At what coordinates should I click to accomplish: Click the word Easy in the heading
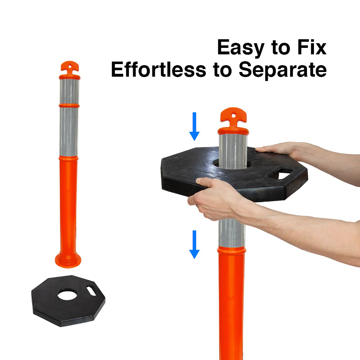point(240,48)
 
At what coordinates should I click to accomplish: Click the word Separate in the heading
point(283,70)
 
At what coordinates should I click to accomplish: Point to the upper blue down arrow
point(194,126)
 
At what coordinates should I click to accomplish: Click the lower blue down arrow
point(194,244)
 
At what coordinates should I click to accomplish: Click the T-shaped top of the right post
point(233,116)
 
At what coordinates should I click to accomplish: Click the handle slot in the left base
point(91,291)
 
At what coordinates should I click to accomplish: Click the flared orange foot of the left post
point(68,261)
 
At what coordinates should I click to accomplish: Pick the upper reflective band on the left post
point(69,91)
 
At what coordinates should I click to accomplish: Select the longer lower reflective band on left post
point(69,132)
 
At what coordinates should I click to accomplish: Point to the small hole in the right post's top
point(233,116)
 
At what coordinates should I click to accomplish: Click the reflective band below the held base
point(231,233)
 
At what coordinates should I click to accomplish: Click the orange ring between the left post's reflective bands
point(69,106)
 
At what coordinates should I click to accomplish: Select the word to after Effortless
point(222,70)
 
